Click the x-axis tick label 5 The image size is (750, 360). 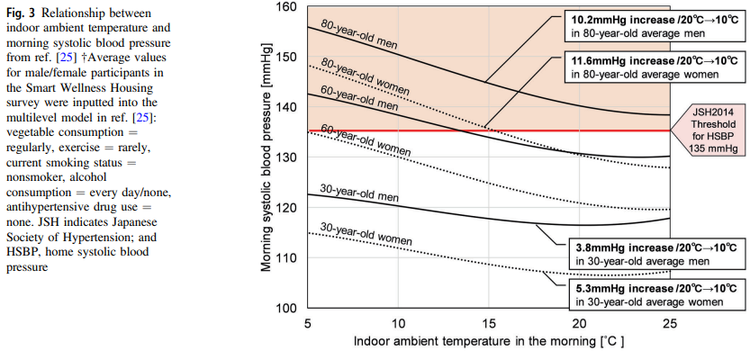click(309, 322)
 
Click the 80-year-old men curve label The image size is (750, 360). click(352, 34)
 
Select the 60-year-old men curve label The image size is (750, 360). click(347, 97)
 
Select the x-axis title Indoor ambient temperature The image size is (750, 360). click(489, 342)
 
